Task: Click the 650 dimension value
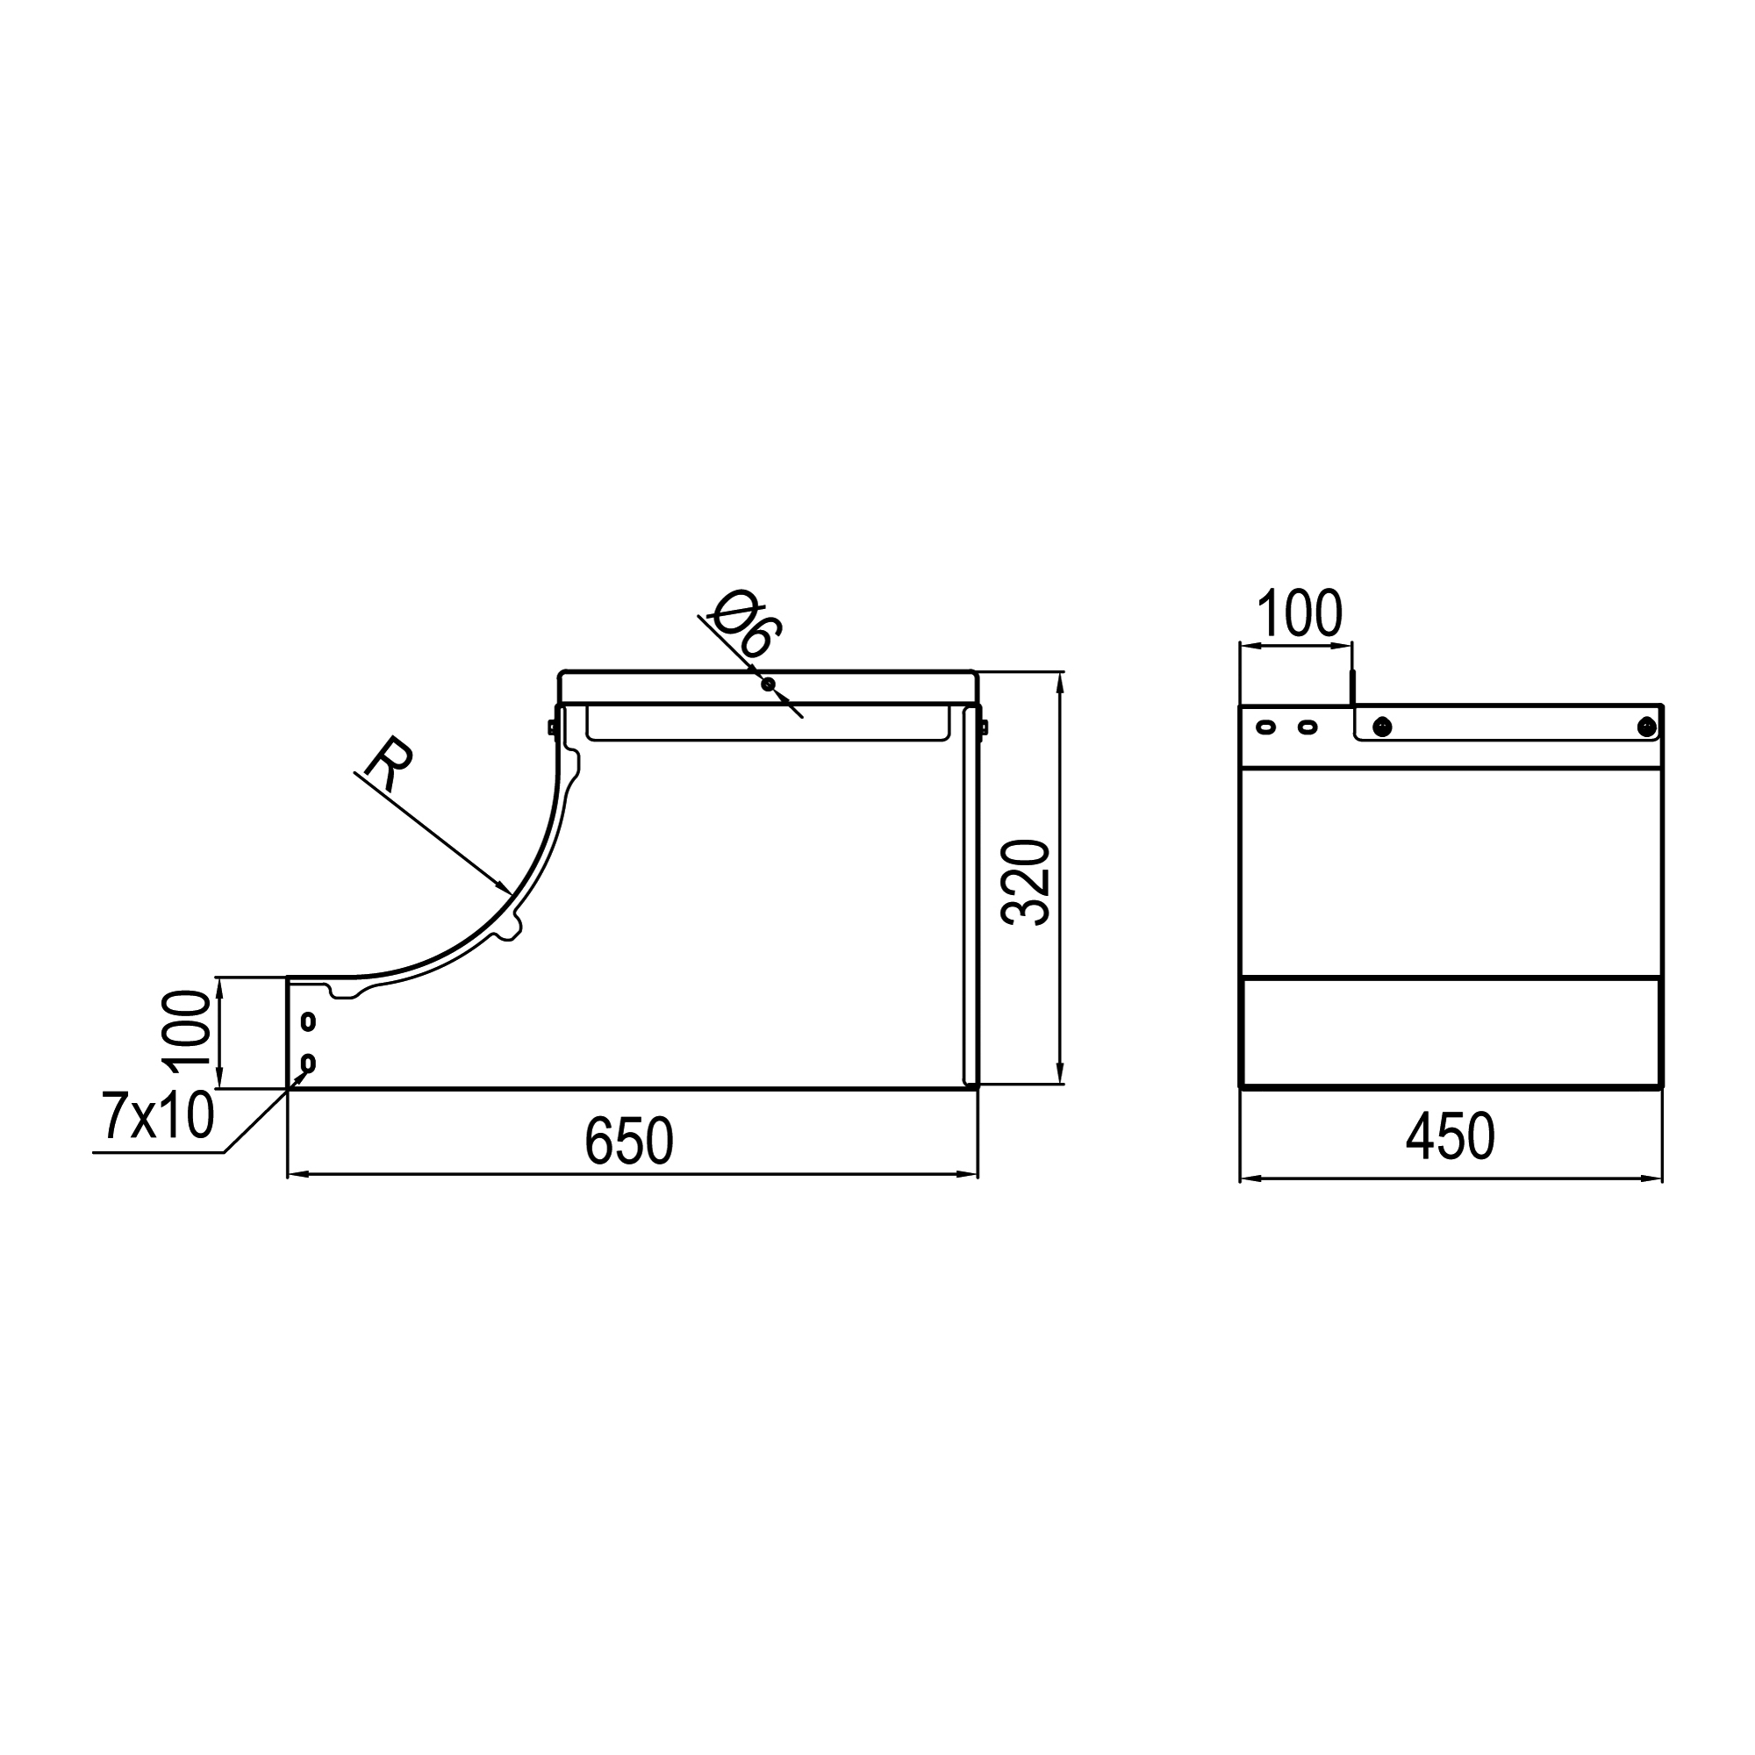pos(628,1140)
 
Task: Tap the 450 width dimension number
pos(1451,1136)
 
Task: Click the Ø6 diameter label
pos(746,624)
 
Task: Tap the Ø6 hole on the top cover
pos(769,684)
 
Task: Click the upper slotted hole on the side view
pos(308,1021)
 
